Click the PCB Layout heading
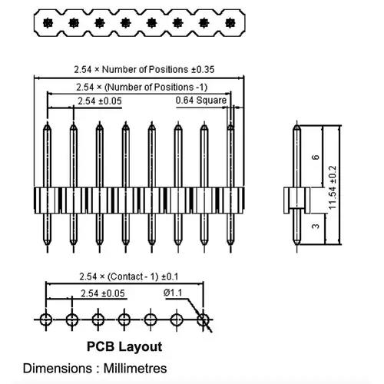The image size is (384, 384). click(x=124, y=346)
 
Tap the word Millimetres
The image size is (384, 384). click(x=135, y=369)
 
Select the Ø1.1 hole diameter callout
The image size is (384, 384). click(x=173, y=293)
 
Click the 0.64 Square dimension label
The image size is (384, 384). click(x=201, y=101)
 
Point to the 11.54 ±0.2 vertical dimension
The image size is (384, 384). click(x=333, y=187)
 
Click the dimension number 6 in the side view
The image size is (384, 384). click(x=316, y=157)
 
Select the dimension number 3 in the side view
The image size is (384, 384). click(x=316, y=227)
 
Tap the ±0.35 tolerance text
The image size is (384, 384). click(x=203, y=70)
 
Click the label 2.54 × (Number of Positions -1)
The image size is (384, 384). click(x=142, y=88)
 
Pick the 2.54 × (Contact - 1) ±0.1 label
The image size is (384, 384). click(x=129, y=276)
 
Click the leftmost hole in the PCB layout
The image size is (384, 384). click(x=46, y=319)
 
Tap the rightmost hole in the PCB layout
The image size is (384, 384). click(x=204, y=319)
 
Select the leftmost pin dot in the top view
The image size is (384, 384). click(x=48, y=23)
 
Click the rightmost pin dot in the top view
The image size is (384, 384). click(x=230, y=23)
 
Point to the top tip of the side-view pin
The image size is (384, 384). click(x=296, y=125)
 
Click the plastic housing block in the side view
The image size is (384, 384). click(x=296, y=200)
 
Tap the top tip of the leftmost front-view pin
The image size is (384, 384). click(x=47, y=124)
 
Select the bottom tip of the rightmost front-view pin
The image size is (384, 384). click(x=230, y=244)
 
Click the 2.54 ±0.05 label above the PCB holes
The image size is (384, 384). click(x=103, y=293)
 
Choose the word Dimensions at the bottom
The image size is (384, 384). click(x=58, y=369)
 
